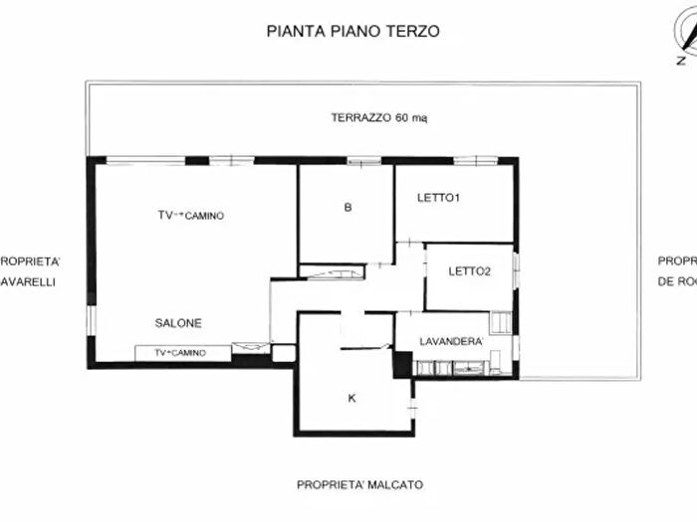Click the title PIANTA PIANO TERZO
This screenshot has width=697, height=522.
coord(353,31)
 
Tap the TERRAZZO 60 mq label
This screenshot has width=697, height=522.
coord(379,117)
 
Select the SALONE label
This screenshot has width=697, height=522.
coord(178,323)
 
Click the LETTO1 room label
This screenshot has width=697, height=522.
coord(438,198)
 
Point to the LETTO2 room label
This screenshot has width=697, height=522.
coord(469,270)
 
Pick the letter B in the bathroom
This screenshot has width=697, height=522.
coord(348,208)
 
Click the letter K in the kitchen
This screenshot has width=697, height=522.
coord(351,398)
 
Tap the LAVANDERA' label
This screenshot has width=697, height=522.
coord(451,342)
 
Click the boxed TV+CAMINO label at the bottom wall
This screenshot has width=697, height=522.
coord(183,353)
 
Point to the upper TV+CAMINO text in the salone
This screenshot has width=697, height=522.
coord(190,216)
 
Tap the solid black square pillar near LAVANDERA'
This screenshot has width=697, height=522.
coord(402,365)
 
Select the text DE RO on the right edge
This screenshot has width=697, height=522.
coord(676,281)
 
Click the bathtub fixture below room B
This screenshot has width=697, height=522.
coord(333,272)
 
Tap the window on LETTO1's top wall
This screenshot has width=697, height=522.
coord(474,160)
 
